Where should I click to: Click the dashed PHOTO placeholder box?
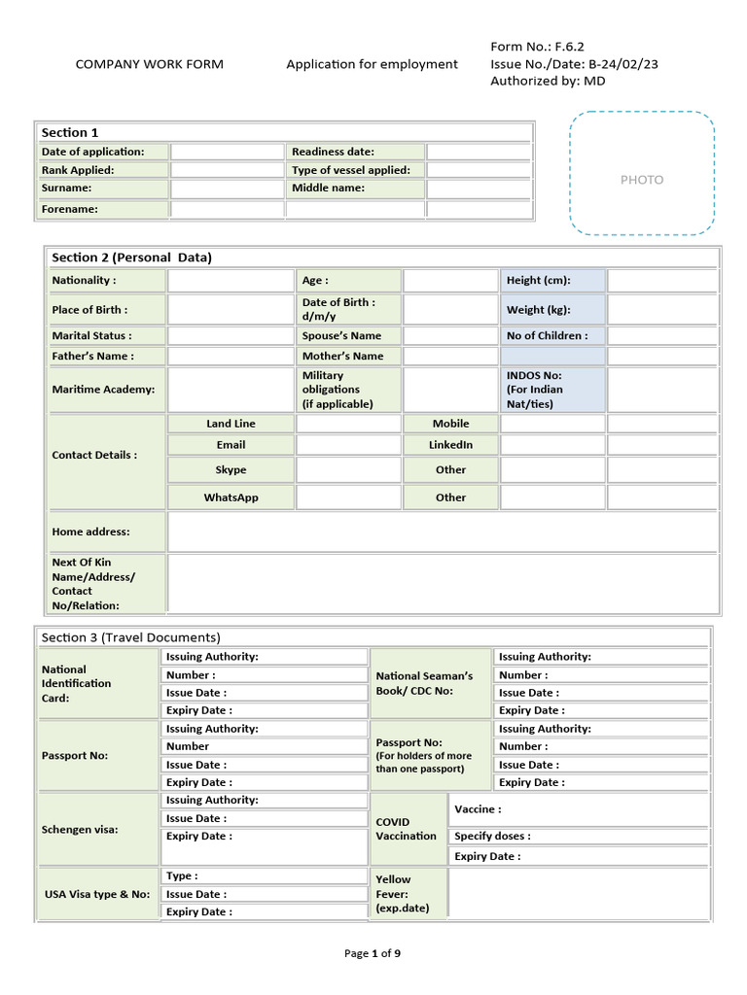pyautogui.click(x=642, y=173)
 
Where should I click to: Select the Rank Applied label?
pyautogui.click(x=78, y=170)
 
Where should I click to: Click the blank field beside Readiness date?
pyautogui.click(x=479, y=152)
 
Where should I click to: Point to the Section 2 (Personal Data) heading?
pyautogui.click(x=131, y=257)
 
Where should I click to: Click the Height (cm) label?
pyautogui.click(x=538, y=281)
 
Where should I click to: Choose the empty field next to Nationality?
pyautogui.click(x=231, y=281)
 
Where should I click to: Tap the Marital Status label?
pyautogui.click(x=91, y=336)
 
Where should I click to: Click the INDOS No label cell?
pyautogui.click(x=552, y=390)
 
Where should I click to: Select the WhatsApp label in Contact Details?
pyautogui.click(x=231, y=497)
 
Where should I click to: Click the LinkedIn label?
pyautogui.click(x=450, y=445)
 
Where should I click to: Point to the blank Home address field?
pyautogui.click(x=443, y=532)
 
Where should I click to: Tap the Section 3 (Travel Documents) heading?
pyautogui.click(x=130, y=637)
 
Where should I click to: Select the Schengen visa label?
pyautogui.click(x=79, y=830)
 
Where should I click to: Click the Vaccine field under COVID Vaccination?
pyautogui.click(x=579, y=809)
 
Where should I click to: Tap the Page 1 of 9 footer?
pyautogui.click(x=373, y=953)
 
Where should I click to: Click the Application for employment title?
pyautogui.click(x=372, y=64)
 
